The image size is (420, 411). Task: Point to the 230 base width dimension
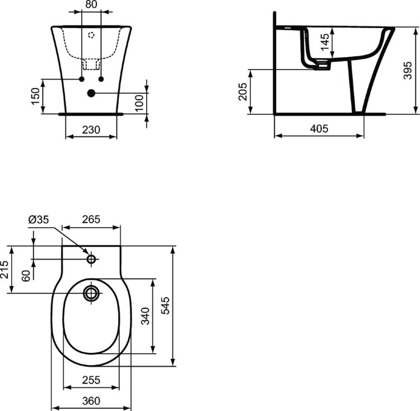pyautogui.click(x=91, y=130)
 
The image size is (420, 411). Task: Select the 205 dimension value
pyautogui.click(x=242, y=91)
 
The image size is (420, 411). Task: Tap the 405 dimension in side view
pyautogui.click(x=319, y=128)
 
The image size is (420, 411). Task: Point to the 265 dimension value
pyautogui.click(x=91, y=219)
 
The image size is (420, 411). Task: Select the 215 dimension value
pyautogui.click(x=4, y=270)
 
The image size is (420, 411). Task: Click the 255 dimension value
pyautogui.click(x=91, y=380)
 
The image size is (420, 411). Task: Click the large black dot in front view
pyautogui.click(x=92, y=93)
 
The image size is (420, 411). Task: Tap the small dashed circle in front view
pyautogui.click(x=92, y=34)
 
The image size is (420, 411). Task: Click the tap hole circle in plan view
pyautogui.click(x=92, y=259)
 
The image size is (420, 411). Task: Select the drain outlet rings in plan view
pyautogui.click(x=91, y=293)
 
